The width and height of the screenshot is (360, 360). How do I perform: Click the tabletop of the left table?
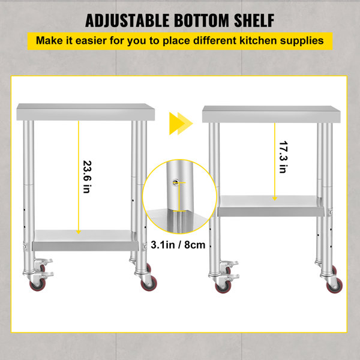86,111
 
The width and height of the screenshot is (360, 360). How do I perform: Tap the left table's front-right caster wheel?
148,283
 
